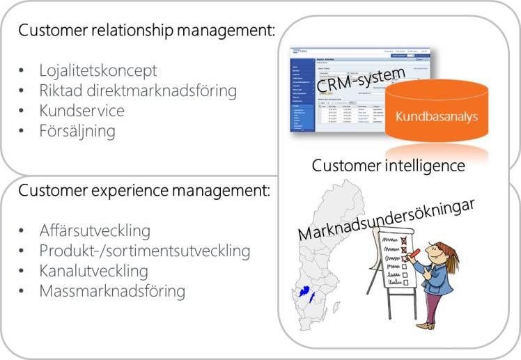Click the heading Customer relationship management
pyautogui.click(x=147, y=31)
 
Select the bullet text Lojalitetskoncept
pyautogui.click(x=97, y=70)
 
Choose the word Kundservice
pyautogui.click(x=81, y=111)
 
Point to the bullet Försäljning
pyautogui.click(x=77, y=131)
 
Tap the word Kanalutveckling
pyautogui.click(x=93, y=270)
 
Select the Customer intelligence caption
pyautogui.click(x=388, y=166)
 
